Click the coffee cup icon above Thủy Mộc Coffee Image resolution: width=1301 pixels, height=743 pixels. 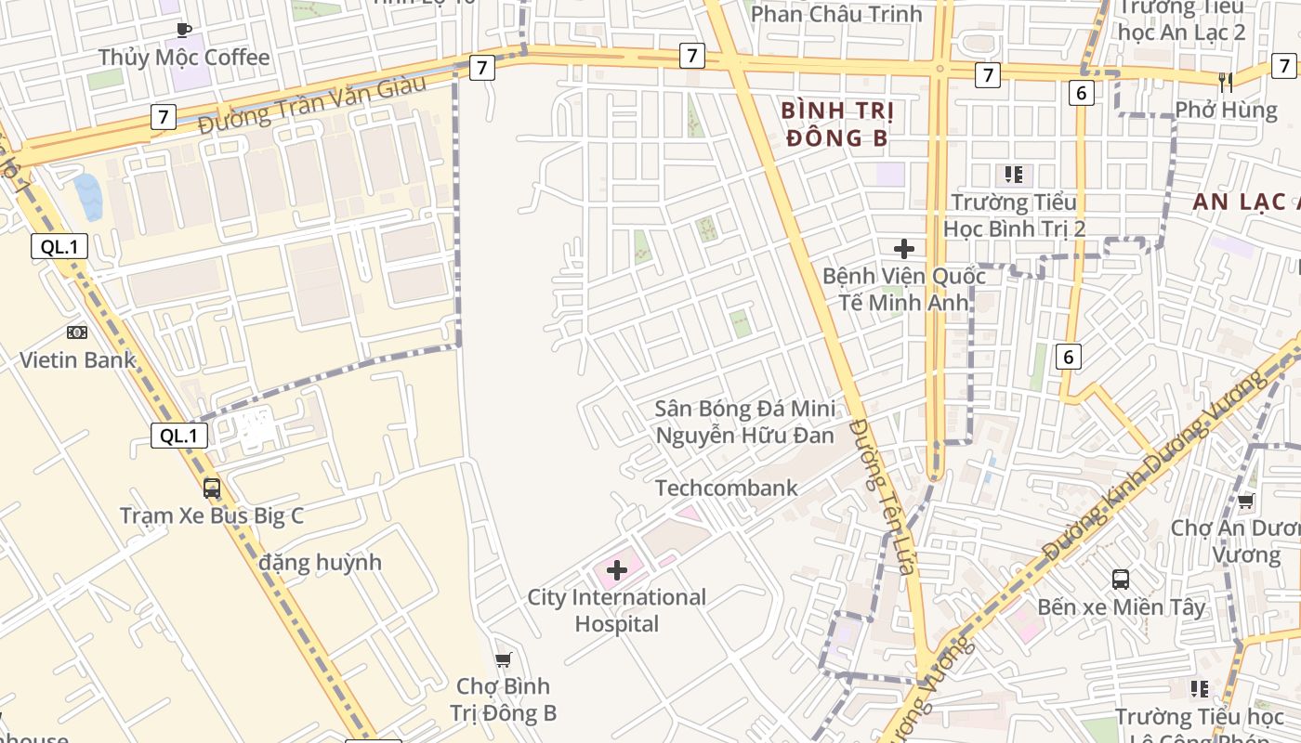click(x=184, y=30)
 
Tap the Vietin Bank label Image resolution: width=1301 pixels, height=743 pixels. click(x=78, y=360)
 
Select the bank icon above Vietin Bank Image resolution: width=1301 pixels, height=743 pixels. click(x=77, y=332)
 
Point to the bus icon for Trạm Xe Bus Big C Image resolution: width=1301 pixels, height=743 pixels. click(x=212, y=488)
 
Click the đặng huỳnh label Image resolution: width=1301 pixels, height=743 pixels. click(x=321, y=562)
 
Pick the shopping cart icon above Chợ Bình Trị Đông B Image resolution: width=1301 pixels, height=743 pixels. click(x=503, y=659)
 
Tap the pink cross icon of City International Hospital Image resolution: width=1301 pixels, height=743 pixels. click(x=617, y=569)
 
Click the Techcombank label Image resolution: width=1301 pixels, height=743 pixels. click(x=726, y=488)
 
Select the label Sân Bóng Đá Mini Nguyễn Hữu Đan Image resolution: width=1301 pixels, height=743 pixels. click(x=744, y=422)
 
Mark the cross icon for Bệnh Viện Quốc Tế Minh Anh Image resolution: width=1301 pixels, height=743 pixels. click(x=903, y=248)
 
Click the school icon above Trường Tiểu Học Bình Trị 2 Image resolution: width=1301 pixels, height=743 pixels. click(x=1013, y=174)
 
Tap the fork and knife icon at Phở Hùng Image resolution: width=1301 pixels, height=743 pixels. click(x=1226, y=82)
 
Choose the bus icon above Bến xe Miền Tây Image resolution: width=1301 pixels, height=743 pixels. click(x=1121, y=580)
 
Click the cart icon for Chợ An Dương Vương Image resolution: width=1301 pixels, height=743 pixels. click(x=1245, y=502)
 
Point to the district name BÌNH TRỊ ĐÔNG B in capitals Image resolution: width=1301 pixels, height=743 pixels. click(x=837, y=124)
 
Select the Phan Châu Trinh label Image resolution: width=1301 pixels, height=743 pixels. click(x=835, y=14)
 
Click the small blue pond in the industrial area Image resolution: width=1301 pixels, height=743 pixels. click(x=89, y=197)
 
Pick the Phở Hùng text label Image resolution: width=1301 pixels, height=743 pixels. click(x=1226, y=110)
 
